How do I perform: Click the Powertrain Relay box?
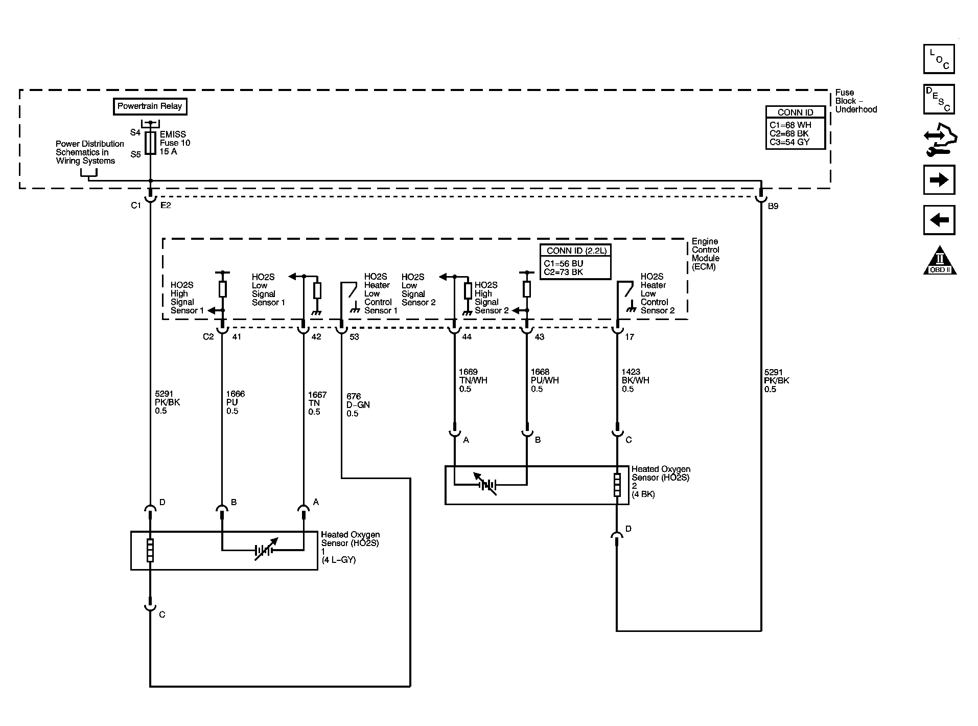tap(150, 106)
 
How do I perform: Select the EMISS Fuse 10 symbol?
tap(150, 143)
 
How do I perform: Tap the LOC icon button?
tap(939, 59)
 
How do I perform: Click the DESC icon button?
tap(939, 99)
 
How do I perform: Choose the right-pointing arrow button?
tap(939, 180)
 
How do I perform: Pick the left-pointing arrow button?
tap(939, 220)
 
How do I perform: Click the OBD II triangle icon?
tap(939, 261)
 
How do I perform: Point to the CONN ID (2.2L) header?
tap(575, 251)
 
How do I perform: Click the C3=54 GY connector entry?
tap(789, 142)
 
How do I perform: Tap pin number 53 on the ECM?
tap(354, 337)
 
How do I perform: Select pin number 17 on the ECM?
tap(629, 337)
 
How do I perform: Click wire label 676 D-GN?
tap(358, 404)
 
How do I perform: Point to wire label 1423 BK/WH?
tap(633, 380)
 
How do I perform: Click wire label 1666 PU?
tap(235, 402)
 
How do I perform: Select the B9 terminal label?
tap(773, 206)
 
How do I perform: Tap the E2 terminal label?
tap(166, 206)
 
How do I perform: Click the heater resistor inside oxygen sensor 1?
tap(150, 550)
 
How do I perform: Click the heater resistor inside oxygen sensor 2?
tap(617, 485)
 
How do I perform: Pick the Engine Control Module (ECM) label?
tap(705, 254)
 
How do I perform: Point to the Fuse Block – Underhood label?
tap(855, 101)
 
